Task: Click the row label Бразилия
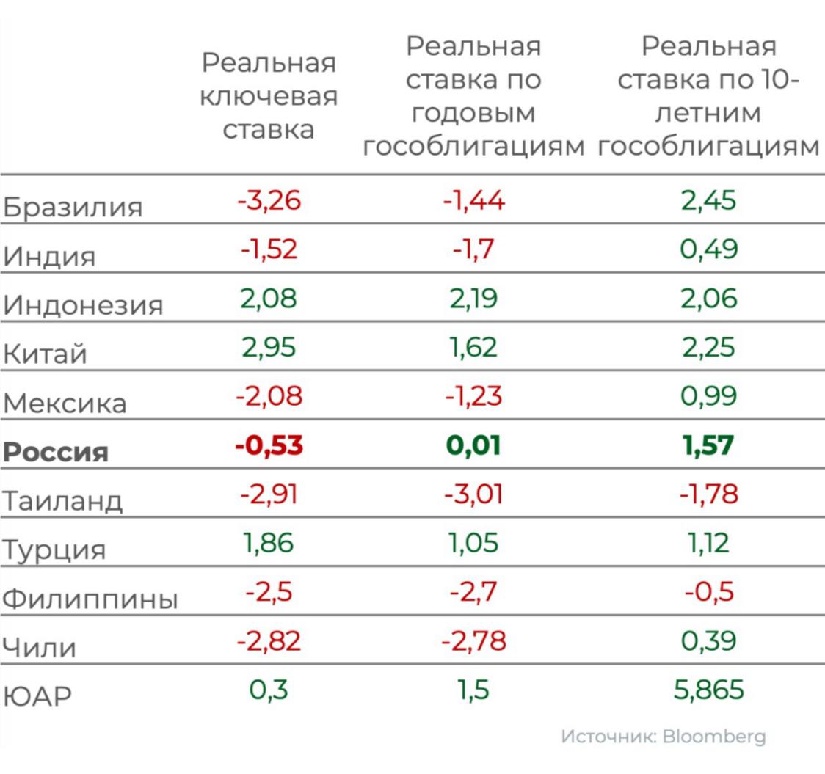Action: pos(73,207)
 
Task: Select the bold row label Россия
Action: pos(56,451)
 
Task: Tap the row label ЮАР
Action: pos(38,695)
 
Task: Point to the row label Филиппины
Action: pos(90,599)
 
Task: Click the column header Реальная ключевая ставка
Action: pos(269,96)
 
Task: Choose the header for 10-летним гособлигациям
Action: pos(708,96)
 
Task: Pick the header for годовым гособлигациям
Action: pos(474,96)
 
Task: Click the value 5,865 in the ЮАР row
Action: pos(708,690)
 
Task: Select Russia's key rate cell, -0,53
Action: pos(269,445)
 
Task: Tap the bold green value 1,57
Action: pos(708,445)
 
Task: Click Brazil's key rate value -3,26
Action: pos(269,200)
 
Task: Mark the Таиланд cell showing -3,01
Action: pos(474,494)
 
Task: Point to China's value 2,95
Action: pos(269,347)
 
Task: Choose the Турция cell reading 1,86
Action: pos(269,543)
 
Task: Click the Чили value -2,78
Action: pos(474,640)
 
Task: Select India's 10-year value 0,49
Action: pos(708,249)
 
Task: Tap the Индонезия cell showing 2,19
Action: pos(474,299)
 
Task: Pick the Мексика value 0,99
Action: pos(708,396)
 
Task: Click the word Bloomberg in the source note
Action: pos(713,736)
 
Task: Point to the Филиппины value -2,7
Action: pos(474,592)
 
